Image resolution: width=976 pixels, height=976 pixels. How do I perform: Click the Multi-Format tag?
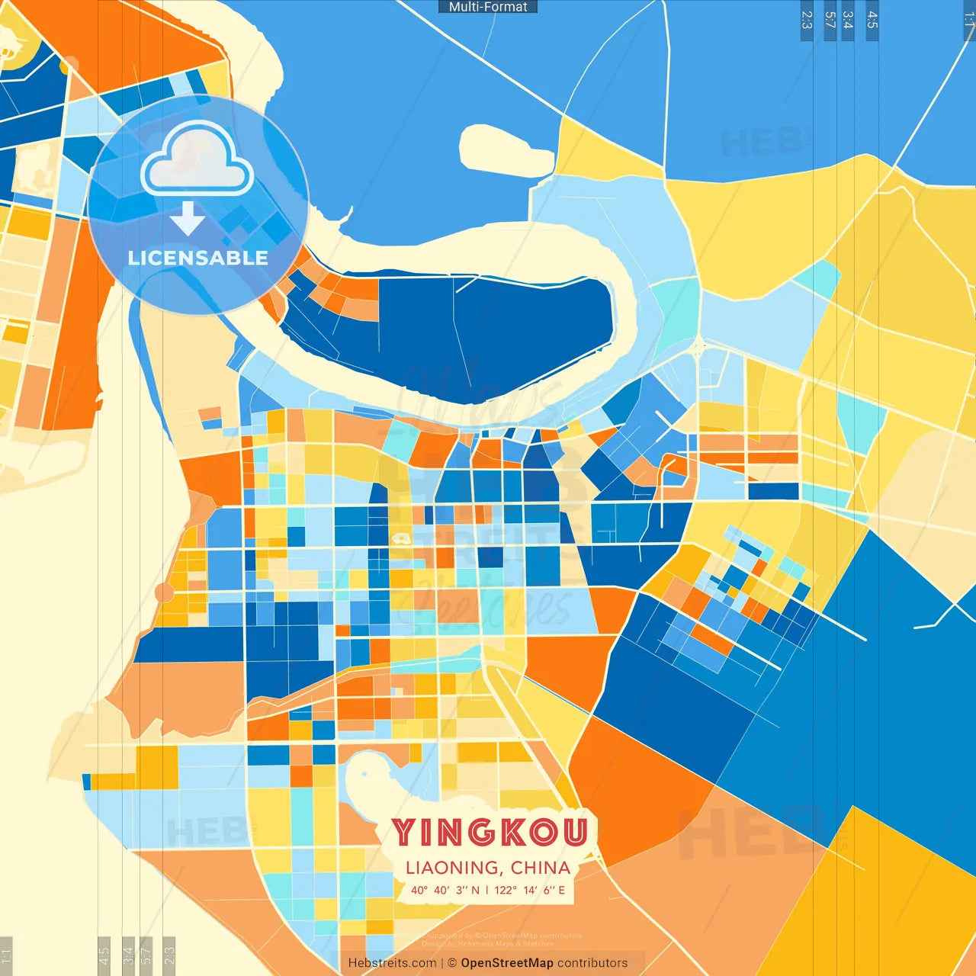(488, 7)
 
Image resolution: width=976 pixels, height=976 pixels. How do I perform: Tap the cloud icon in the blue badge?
(197, 160)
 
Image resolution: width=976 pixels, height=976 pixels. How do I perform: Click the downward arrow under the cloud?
(188, 218)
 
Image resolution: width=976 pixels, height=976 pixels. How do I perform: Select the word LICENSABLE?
(197, 258)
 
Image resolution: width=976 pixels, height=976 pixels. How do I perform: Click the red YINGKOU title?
(490, 833)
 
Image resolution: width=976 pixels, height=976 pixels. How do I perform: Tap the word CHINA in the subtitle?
(541, 868)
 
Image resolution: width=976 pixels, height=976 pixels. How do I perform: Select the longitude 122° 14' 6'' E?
(530, 890)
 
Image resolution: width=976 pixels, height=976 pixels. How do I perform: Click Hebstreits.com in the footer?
(392, 963)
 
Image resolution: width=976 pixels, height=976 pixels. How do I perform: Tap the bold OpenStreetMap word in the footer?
(507, 963)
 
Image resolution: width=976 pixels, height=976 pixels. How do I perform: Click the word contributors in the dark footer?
(592, 963)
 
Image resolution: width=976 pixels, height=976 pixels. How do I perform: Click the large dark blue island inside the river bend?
(488, 335)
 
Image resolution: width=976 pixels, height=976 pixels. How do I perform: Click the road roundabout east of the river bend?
(698, 348)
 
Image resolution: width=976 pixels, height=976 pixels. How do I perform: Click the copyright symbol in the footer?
(452, 963)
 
